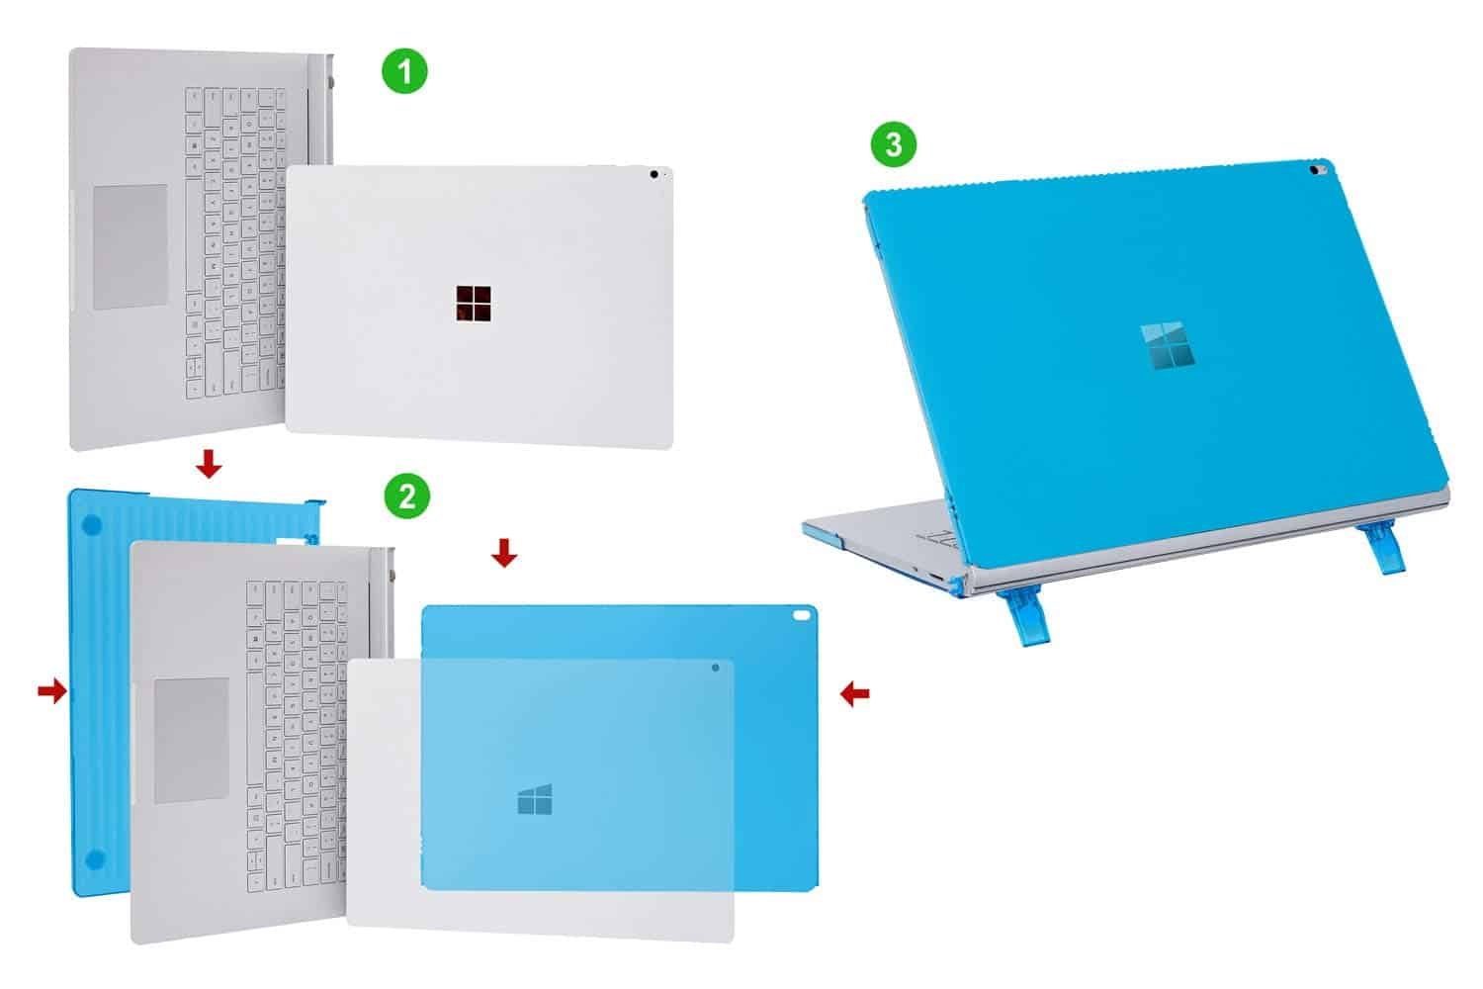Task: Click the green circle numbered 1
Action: tap(404, 71)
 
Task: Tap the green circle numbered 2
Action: tap(407, 495)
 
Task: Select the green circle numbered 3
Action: tap(894, 143)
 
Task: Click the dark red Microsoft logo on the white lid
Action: tap(474, 304)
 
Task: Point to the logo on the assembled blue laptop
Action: tap(1168, 345)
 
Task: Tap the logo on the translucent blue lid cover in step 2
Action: tap(535, 799)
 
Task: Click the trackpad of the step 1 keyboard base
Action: tap(131, 247)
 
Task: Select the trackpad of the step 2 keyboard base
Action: tap(192, 741)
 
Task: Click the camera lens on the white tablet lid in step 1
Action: tap(654, 174)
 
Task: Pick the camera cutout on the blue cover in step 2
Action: tap(801, 615)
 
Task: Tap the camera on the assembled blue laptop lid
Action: tap(1317, 170)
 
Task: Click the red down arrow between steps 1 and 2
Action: tap(210, 464)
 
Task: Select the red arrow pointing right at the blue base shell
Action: tap(52, 692)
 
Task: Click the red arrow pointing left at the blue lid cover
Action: tap(855, 694)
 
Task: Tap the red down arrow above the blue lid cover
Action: tap(504, 553)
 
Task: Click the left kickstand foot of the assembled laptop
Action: tap(1023, 618)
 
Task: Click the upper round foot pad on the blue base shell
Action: tap(92, 525)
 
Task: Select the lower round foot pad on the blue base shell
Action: tap(95, 859)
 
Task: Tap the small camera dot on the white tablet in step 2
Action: tap(715, 668)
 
